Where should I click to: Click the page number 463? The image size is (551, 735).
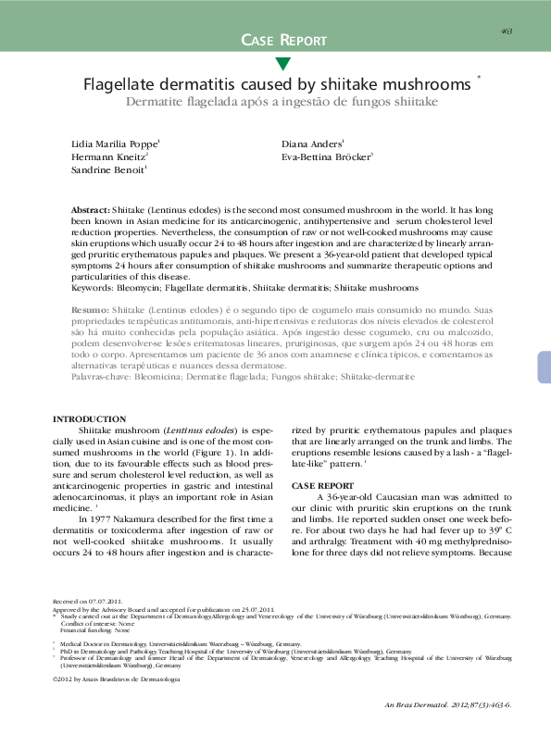coord(507,31)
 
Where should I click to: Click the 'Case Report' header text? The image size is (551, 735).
coord(283,40)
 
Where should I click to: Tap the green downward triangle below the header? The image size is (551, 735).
coord(283,64)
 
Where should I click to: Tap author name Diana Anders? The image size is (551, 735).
coord(312,144)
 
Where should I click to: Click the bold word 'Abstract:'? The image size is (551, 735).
coord(91,212)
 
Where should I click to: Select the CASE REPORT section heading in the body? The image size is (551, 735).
coord(321,485)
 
